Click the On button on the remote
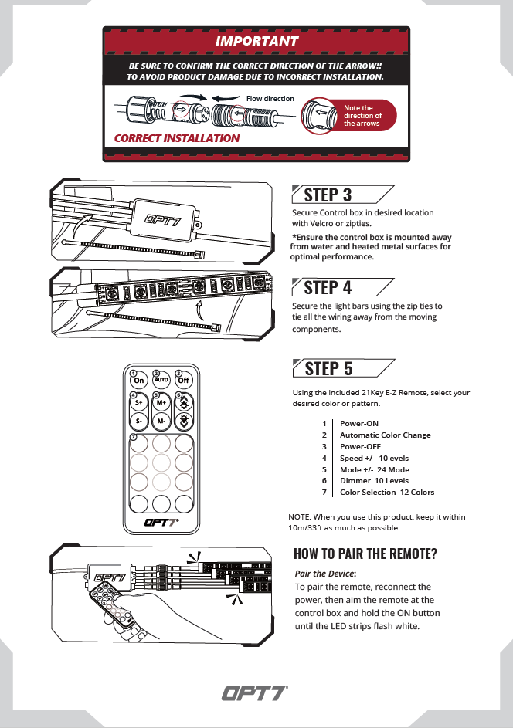tap(139, 379)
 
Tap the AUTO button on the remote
tap(161, 379)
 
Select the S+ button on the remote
tap(139, 402)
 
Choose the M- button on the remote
tap(161, 422)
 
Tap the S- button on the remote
tap(139, 422)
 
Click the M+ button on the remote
tap(161, 402)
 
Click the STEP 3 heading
tap(328, 195)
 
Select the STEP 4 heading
tap(328, 287)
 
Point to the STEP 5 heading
tap(328, 368)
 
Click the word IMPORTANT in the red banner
tap(256, 40)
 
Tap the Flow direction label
tap(270, 99)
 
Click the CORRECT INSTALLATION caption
tap(177, 138)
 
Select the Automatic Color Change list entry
tap(385, 435)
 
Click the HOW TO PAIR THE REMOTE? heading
tap(365, 554)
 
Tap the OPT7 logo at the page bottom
tap(256, 693)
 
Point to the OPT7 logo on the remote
tap(161, 522)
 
